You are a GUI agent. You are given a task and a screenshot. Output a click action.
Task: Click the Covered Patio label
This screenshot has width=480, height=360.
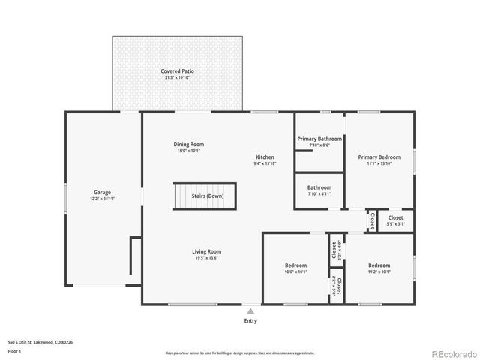click(177, 71)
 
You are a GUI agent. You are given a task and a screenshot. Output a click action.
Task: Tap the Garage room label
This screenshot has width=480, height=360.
click(102, 192)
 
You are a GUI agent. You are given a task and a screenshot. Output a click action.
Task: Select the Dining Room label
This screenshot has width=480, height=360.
click(188, 144)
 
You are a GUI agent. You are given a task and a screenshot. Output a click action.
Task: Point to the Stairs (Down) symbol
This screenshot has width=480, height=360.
click(205, 196)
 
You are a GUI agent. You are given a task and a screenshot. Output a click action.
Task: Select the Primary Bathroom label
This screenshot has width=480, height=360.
click(319, 139)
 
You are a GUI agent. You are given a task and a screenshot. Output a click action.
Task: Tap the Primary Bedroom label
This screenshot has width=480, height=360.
click(379, 157)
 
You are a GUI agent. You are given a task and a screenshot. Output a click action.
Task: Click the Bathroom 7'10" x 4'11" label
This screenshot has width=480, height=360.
click(319, 187)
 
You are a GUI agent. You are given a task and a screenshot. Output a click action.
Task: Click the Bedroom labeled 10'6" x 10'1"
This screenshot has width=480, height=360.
click(295, 265)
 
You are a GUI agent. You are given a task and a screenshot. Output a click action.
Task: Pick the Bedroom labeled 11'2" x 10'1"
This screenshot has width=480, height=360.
click(379, 265)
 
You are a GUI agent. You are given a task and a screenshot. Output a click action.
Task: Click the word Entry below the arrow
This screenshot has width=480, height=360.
click(250, 321)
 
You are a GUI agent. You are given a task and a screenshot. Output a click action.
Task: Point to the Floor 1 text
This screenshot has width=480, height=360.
click(15, 350)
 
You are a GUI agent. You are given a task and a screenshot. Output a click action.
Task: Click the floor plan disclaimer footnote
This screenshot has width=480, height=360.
click(240, 352)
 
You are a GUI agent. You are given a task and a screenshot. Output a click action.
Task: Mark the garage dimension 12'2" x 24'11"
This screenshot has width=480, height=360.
click(102, 199)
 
